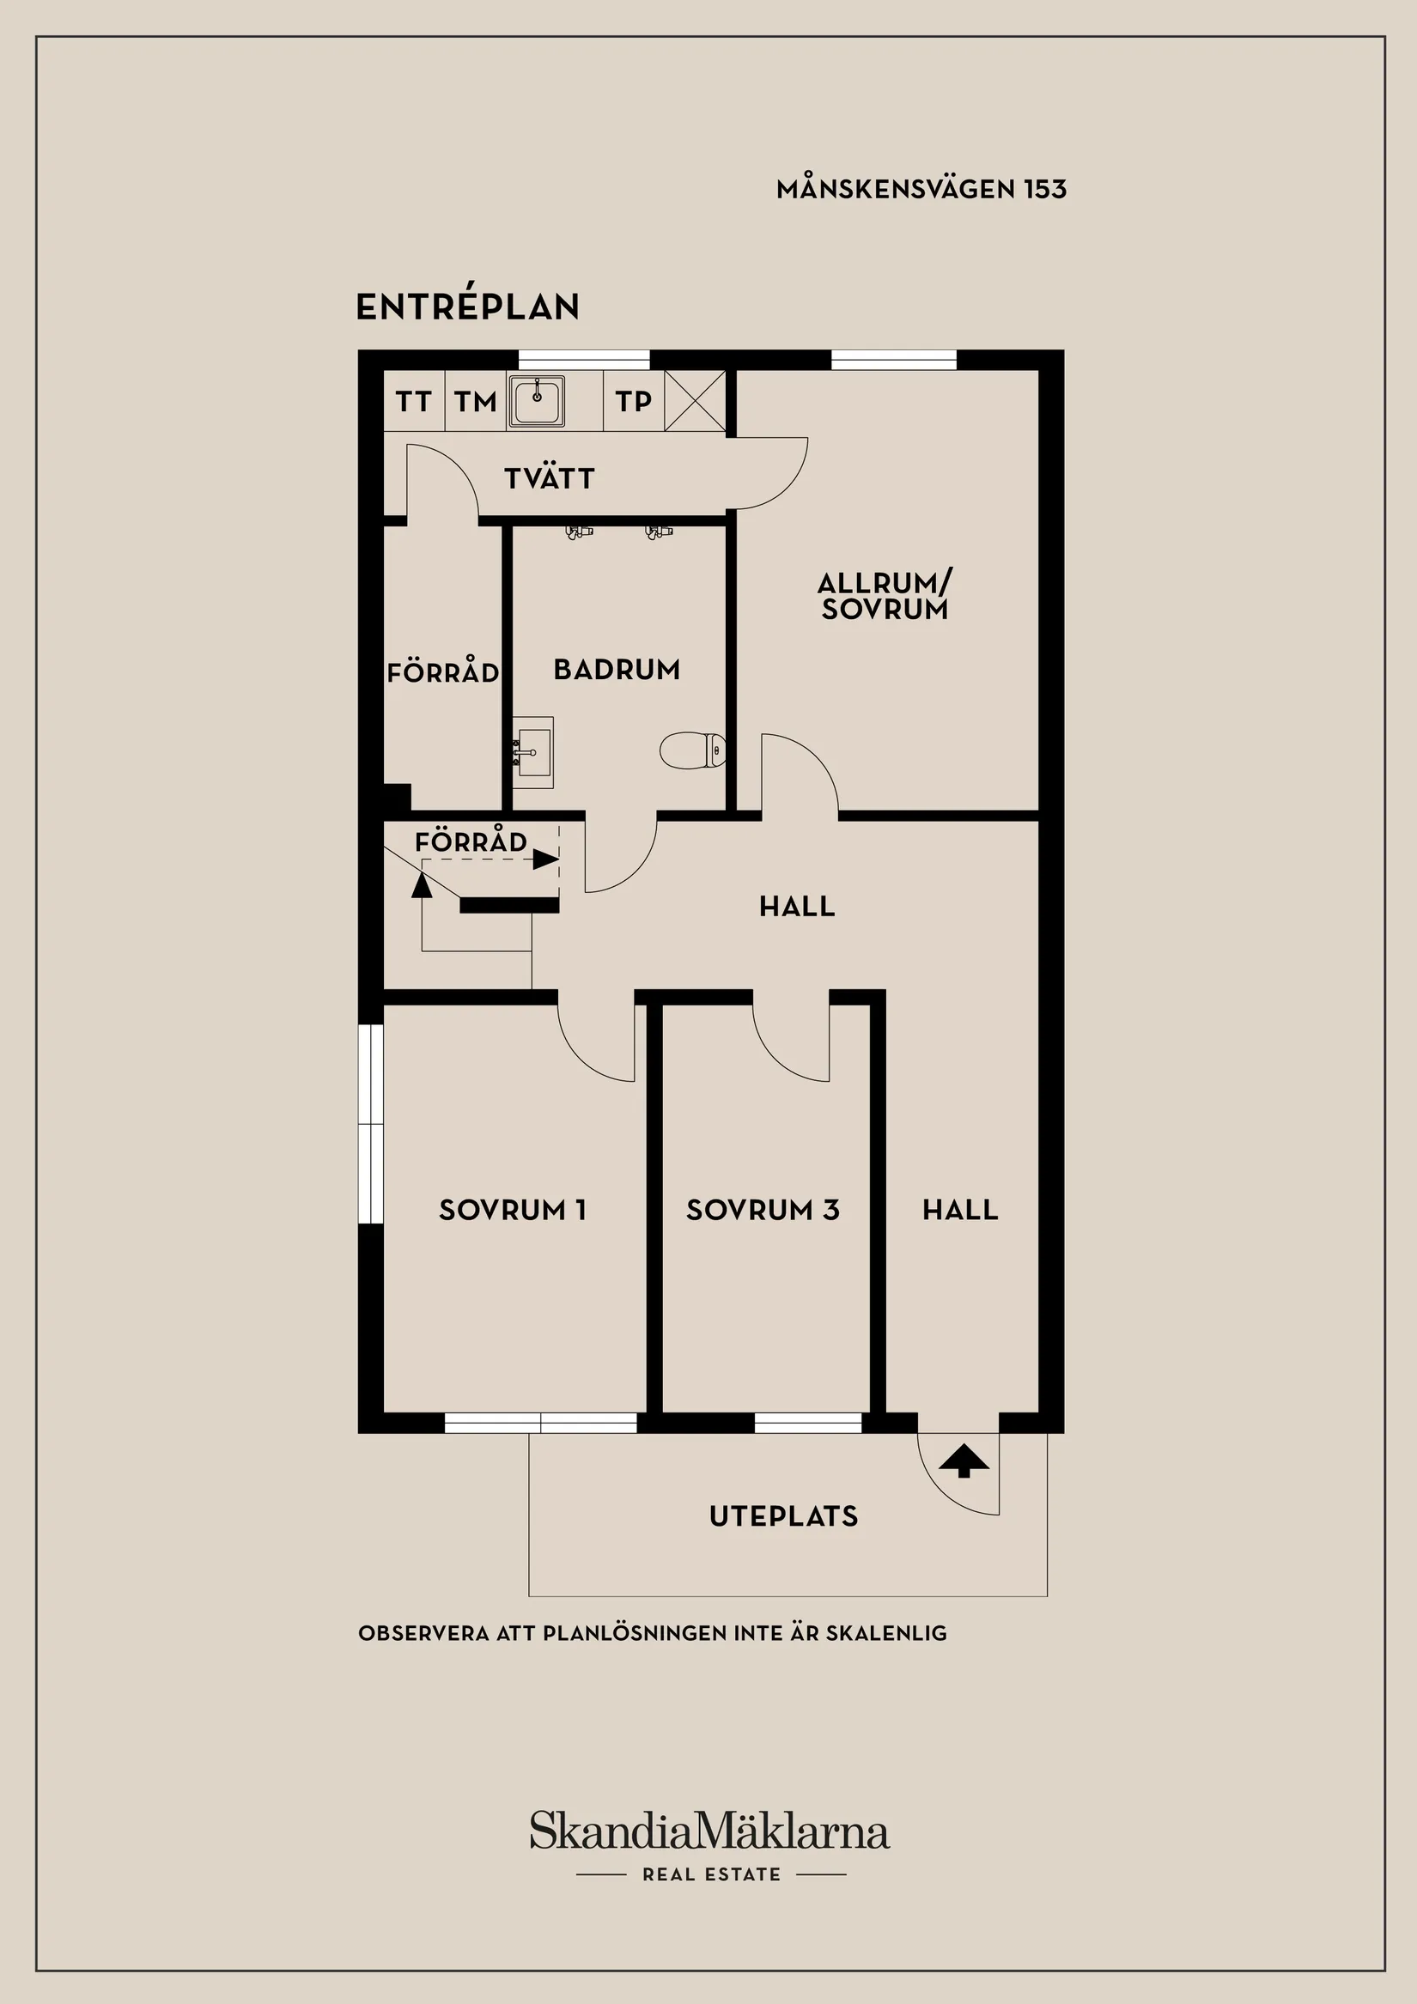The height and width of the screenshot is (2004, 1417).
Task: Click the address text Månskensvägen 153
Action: coord(921,189)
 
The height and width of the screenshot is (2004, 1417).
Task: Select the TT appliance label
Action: coord(414,402)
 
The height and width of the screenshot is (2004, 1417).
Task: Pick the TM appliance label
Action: coord(475,402)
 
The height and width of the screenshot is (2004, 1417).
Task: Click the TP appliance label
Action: coord(633,402)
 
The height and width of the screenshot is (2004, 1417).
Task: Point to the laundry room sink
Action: coord(537,402)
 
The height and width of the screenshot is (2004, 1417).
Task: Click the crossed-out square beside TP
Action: coord(695,401)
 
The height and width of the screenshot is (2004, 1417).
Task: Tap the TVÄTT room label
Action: coord(549,477)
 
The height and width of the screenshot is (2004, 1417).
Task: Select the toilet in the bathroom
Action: coord(692,750)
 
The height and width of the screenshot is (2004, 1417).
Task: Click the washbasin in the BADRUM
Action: coord(532,752)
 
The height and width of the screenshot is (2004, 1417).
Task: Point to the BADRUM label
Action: coord(617,670)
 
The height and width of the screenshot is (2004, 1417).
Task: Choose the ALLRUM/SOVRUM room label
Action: coord(885,595)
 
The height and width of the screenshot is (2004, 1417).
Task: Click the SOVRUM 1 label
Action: coord(513,1210)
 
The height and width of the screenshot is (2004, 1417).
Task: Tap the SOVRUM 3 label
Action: coord(763,1210)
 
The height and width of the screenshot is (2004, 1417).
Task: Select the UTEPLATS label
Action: coord(784,1516)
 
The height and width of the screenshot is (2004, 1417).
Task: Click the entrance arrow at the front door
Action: coord(964,1460)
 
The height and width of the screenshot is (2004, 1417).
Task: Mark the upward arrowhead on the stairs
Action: coord(422,884)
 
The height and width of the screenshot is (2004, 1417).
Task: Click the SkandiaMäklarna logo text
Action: coord(710,1830)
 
